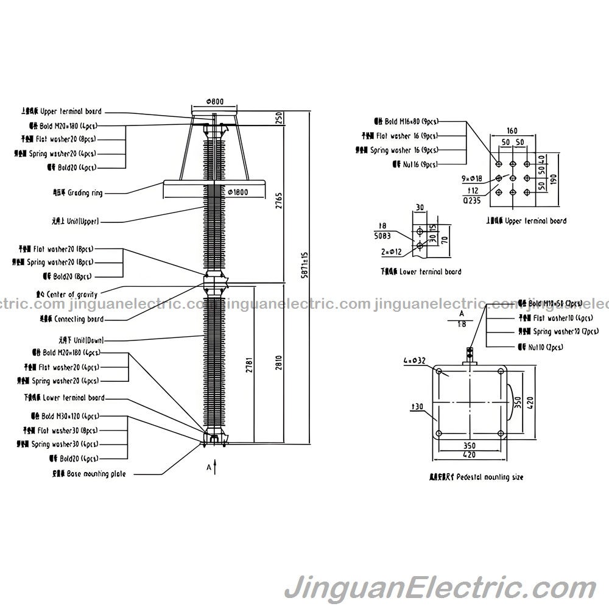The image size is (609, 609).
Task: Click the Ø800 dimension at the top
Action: point(214,101)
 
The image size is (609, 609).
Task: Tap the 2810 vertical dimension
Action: point(280,363)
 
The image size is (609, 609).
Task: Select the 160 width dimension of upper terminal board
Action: point(512,130)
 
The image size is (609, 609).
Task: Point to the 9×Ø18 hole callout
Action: point(471,178)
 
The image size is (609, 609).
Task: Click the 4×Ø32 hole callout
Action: point(415,361)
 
